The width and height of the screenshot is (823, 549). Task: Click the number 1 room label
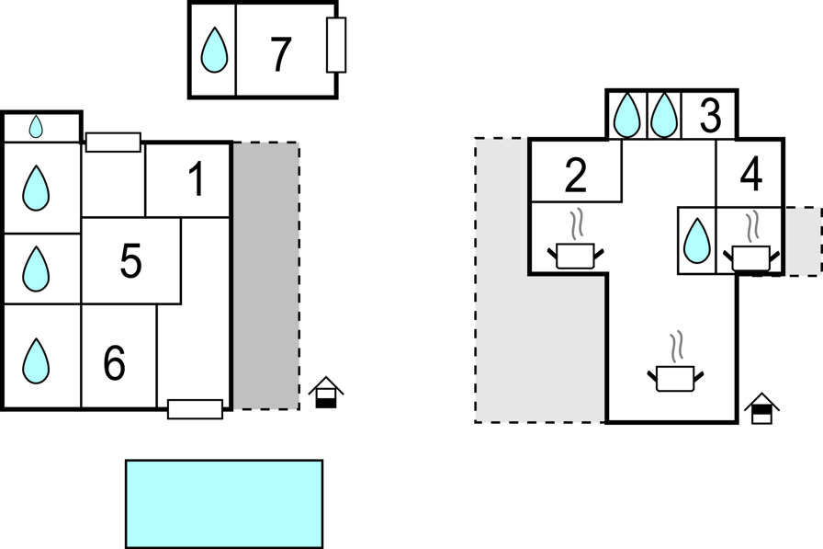(197, 179)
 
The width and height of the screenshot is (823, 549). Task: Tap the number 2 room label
(576, 176)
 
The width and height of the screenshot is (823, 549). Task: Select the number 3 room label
(710, 115)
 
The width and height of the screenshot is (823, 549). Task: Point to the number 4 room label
(751, 175)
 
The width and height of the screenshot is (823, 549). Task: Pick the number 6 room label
(115, 362)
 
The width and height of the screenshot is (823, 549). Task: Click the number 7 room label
(281, 54)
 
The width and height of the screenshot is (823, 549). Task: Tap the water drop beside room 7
(214, 50)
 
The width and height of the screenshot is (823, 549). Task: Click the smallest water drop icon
(36, 127)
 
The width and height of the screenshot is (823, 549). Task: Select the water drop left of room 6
(36, 360)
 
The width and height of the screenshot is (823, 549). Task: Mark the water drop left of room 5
(36, 269)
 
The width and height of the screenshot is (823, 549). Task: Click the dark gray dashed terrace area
(266, 276)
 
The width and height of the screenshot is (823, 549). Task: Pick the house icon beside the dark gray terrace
(326, 392)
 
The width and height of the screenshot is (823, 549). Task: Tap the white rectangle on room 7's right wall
(336, 45)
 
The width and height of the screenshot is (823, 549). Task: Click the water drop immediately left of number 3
(664, 115)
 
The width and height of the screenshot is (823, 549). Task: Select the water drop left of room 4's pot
(697, 241)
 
